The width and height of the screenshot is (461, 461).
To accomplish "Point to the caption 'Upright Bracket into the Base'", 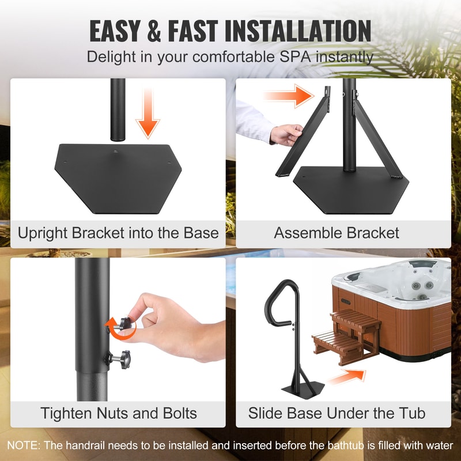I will point(118,233).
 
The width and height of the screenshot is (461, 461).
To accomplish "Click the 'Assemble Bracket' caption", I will point(337,233).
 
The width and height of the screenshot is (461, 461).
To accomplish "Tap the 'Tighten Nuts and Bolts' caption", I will point(119,413).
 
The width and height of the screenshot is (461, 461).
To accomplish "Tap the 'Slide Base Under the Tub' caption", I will point(337,413).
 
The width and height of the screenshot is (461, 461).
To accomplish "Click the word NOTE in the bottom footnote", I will point(23,445).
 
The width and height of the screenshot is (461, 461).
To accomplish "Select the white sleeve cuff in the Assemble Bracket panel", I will point(254,121).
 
